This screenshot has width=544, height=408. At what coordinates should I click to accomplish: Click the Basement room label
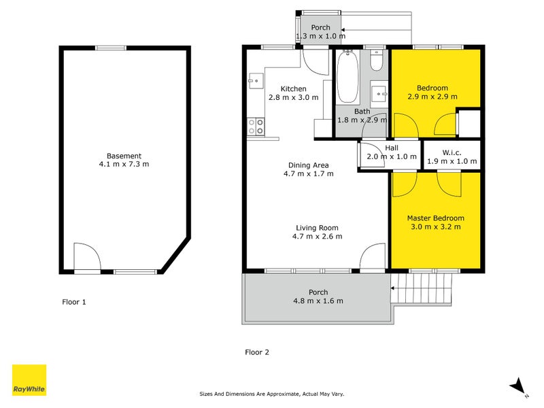123,156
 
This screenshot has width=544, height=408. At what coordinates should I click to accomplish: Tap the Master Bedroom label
435,218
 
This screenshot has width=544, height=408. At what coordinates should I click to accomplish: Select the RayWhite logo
29,380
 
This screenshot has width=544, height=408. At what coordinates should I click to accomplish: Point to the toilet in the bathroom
377,62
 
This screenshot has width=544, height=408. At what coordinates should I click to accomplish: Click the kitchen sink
256,81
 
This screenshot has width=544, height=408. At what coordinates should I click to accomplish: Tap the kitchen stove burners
256,126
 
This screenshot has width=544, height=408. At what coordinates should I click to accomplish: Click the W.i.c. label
452,152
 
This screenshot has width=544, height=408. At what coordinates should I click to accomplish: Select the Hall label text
392,148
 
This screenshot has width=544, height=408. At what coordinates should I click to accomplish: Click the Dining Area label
309,165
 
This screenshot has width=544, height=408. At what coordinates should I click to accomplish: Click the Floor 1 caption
74,302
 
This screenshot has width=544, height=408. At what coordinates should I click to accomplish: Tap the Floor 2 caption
257,352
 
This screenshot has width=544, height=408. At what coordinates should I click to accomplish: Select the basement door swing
87,258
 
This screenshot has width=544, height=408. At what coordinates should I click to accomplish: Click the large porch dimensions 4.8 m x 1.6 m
318,301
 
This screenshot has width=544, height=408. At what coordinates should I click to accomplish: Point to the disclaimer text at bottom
271,394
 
